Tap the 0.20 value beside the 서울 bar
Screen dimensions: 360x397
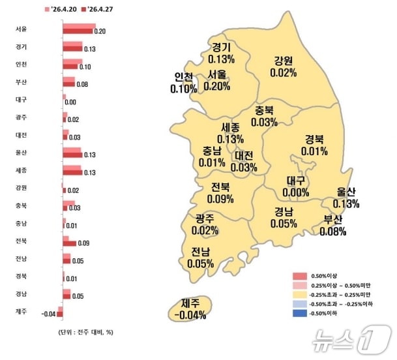tap(100, 31)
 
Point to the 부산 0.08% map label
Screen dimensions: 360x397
tap(332, 225)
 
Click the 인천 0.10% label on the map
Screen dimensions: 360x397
tap(183, 83)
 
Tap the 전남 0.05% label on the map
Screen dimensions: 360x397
tap(200, 258)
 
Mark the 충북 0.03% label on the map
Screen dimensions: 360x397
tap(264, 116)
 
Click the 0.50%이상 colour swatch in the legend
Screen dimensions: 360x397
tap(299, 276)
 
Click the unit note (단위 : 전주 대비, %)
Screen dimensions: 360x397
tap(81, 333)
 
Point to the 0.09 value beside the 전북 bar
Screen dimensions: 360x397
tap(83, 244)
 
